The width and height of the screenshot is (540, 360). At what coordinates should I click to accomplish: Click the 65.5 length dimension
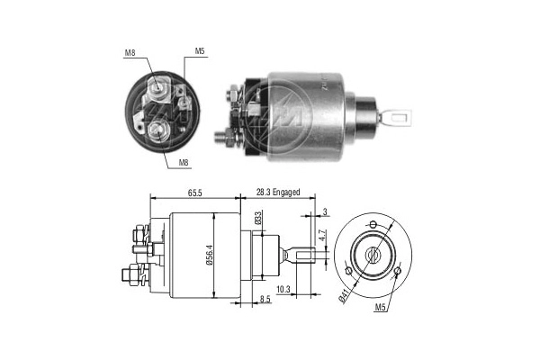tap(194, 193)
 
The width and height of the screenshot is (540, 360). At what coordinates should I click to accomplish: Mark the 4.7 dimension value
tap(321, 238)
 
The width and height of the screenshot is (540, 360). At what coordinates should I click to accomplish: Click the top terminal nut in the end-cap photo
tap(158, 87)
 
